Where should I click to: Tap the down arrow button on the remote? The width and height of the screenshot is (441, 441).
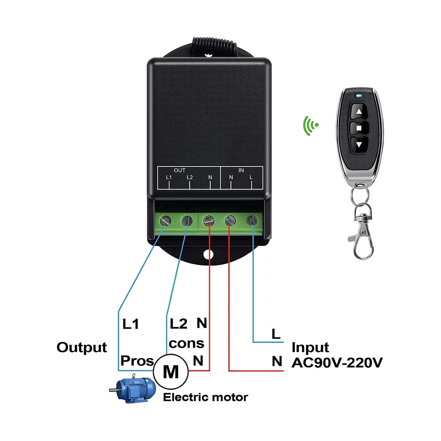[x=359, y=145]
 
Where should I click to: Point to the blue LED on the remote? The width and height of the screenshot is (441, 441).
[x=359, y=96]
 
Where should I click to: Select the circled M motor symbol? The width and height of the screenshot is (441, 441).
[x=171, y=372]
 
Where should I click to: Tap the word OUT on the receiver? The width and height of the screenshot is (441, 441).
[x=179, y=170]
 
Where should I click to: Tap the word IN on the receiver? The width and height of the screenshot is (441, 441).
[x=241, y=170]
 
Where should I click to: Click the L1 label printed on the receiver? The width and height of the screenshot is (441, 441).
[x=169, y=178]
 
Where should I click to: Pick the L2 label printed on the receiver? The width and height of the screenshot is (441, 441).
[x=190, y=178]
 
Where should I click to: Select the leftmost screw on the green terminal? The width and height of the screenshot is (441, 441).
[x=165, y=221]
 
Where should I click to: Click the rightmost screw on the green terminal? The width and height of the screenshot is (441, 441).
[x=252, y=221]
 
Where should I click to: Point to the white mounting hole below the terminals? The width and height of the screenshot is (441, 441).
[x=208, y=254]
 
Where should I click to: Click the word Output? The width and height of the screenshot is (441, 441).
[x=82, y=348]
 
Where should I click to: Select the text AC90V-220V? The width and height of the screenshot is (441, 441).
[x=337, y=363]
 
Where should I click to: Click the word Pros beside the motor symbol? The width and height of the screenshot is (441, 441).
[x=137, y=361]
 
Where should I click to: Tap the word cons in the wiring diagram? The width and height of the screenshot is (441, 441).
[x=187, y=343]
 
